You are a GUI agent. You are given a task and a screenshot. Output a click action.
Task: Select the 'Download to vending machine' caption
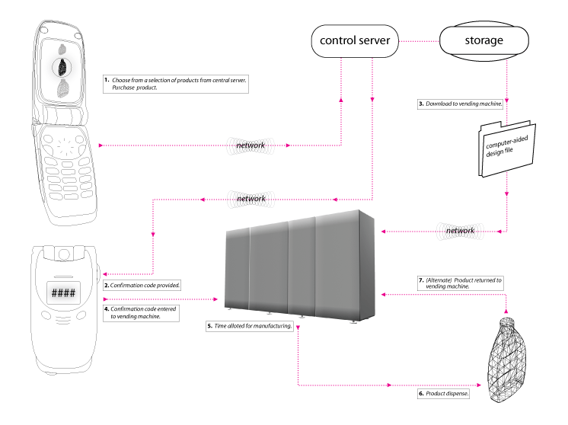pos(461,104)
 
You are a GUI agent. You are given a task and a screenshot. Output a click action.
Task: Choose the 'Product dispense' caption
pos(443,395)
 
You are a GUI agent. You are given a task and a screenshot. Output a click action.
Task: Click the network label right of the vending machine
pos(460,230)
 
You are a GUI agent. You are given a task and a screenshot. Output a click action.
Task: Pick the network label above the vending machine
pos(250,199)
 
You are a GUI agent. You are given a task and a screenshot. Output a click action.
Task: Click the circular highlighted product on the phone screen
pos(63,68)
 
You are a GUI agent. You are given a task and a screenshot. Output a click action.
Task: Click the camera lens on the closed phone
pos(64,253)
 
